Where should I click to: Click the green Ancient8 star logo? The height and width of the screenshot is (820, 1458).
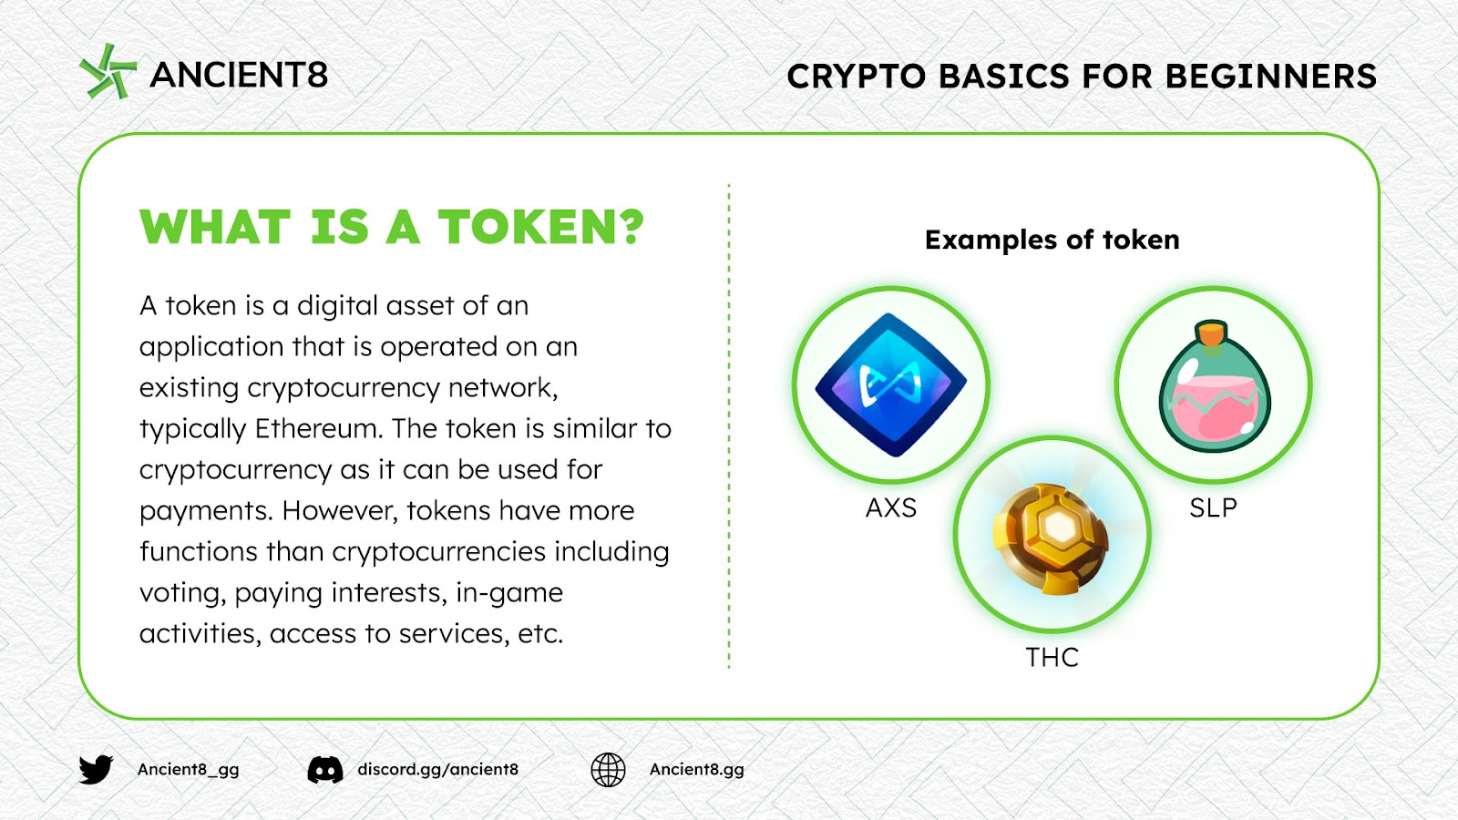pos(108,72)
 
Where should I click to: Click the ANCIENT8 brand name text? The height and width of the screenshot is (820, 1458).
pos(239,75)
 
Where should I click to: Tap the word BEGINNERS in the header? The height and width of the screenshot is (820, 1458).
pos(1270,77)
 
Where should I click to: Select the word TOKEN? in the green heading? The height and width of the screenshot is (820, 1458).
pos(541,227)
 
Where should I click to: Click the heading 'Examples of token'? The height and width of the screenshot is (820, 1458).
pos(1052,241)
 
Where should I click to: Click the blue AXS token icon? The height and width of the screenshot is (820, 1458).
pos(891,384)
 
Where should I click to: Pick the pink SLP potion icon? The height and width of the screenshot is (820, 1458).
pos(1213,386)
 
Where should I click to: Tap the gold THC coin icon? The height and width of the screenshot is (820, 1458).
pos(1052,538)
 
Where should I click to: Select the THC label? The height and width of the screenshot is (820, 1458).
pos(1052,658)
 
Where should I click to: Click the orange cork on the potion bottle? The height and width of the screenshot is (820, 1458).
pos(1211,333)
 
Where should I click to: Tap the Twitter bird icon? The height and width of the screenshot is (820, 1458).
pos(97,770)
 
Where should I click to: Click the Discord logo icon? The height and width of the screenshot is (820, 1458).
pos(325,770)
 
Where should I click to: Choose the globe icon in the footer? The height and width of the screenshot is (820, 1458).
pos(608,770)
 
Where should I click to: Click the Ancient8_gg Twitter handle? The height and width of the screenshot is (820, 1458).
pos(188,770)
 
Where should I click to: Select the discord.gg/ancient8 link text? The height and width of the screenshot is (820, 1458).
pos(438,770)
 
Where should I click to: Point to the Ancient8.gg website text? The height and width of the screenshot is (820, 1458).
pos(696,770)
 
